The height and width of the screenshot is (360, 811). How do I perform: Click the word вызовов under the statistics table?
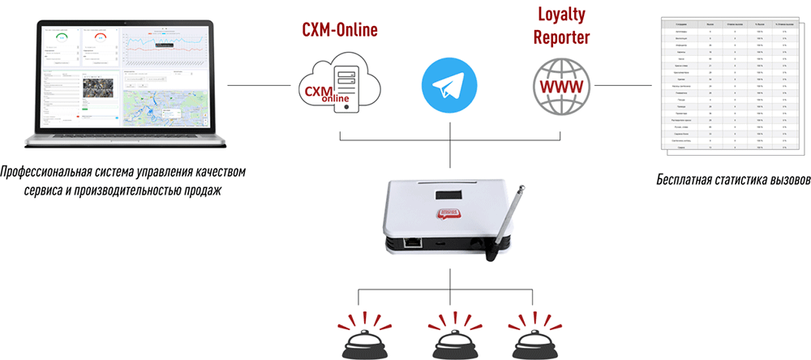pos(784,178)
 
